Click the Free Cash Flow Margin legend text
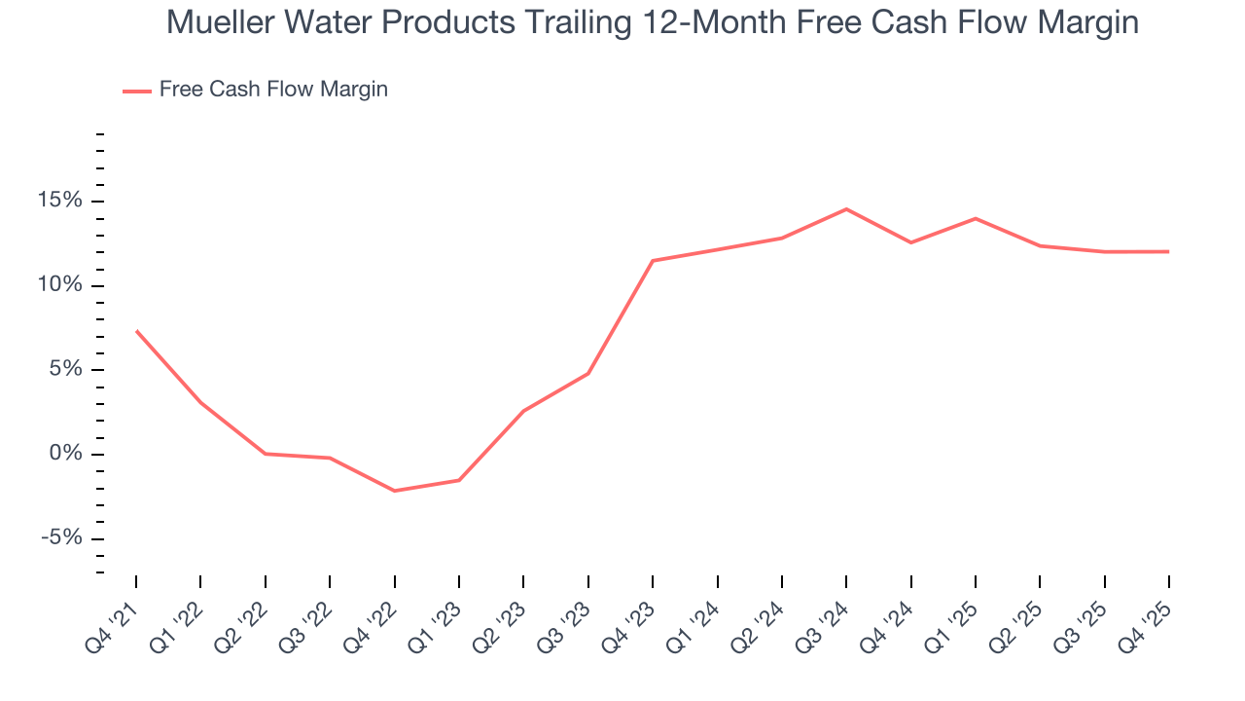click(x=273, y=90)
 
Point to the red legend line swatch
click(x=136, y=91)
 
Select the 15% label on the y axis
click(x=61, y=202)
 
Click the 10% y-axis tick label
click(x=61, y=286)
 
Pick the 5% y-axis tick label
click(x=67, y=370)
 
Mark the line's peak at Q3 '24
click(x=846, y=209)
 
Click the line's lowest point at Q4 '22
click(x=394, y=491)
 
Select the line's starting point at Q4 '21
click(x=136, y=331)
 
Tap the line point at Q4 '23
click(x=653, y=261)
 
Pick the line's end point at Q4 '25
click(x=1168, y=251)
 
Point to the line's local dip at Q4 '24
click(x=910, y=242)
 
